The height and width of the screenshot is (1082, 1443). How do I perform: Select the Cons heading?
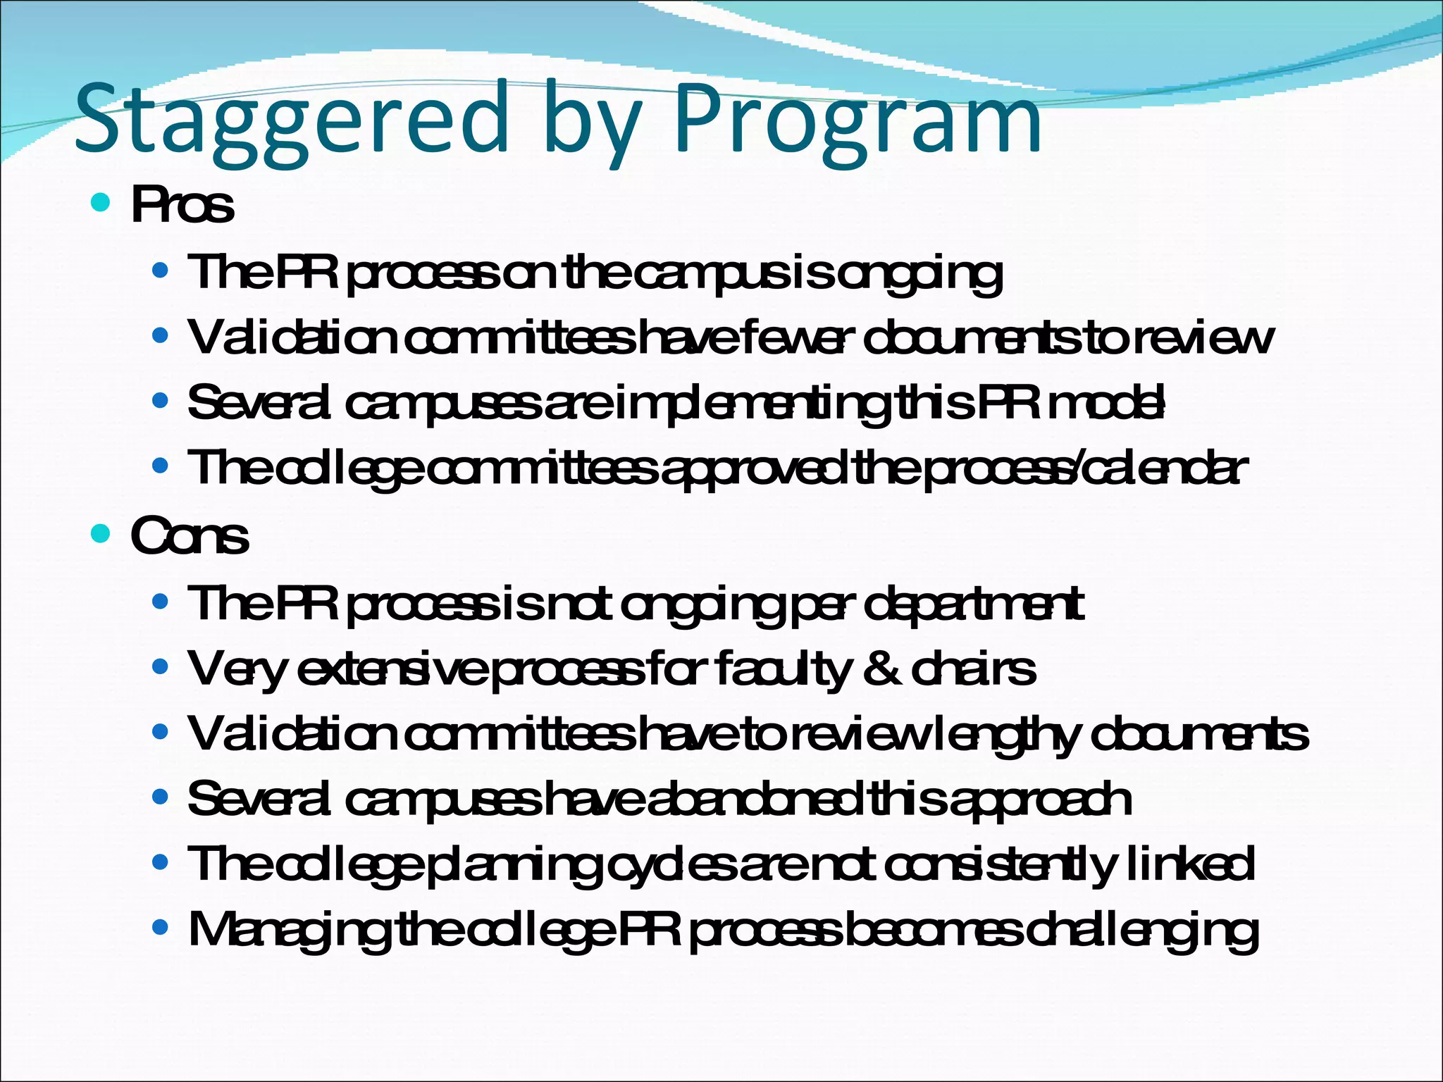(x=190, y=536)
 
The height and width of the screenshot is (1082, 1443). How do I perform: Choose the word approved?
(x=754, y=469)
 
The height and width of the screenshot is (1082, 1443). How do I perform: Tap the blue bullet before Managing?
(x=161, y=928)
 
